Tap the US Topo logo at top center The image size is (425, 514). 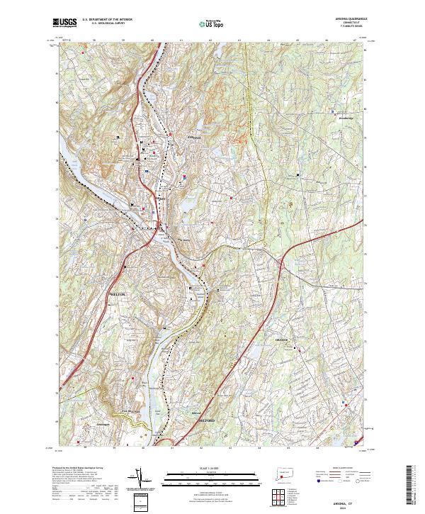pyautogui.click(x=212, y=23)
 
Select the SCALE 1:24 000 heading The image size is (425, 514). pyautogui.click(x=212, y=467)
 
